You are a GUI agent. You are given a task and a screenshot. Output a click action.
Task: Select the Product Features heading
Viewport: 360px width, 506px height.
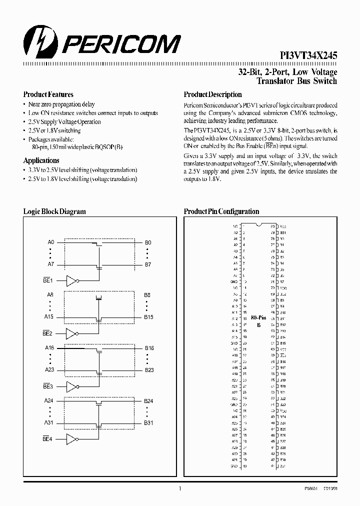(x=48, y=94)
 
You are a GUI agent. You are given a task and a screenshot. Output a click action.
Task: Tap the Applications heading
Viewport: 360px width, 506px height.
(x=41, y=160)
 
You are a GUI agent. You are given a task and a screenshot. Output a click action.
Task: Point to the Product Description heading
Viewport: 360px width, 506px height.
(x=213, y=94)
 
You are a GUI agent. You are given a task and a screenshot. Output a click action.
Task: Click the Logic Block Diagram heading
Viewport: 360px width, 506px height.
(x=54, y=211)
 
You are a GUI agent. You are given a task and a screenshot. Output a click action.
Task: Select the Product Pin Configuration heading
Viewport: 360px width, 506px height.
(x=221, y=211)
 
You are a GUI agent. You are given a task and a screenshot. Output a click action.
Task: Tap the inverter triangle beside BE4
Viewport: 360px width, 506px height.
(x=71, y=439)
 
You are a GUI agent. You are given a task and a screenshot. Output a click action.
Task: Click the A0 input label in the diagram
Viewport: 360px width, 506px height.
(x=50, y=242)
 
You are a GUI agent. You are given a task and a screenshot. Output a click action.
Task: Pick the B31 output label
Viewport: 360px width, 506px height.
(x=148, y=422)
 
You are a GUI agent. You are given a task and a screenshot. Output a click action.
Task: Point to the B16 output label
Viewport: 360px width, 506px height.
(x=149, y=348)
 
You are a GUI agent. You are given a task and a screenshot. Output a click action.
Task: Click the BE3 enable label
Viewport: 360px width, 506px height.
(x=48, y=387)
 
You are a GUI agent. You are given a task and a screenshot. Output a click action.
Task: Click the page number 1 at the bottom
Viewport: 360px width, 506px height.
(x=180, y=489)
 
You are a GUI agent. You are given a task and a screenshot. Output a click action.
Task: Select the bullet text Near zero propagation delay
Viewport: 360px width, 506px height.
(x=61, y=104)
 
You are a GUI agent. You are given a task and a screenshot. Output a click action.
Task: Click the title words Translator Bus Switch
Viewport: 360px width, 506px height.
(x=296, y=81)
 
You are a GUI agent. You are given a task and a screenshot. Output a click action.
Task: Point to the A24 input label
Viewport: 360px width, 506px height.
(x=49, y=400)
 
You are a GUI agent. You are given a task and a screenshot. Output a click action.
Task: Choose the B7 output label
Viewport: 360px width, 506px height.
(x=147, y=264)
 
